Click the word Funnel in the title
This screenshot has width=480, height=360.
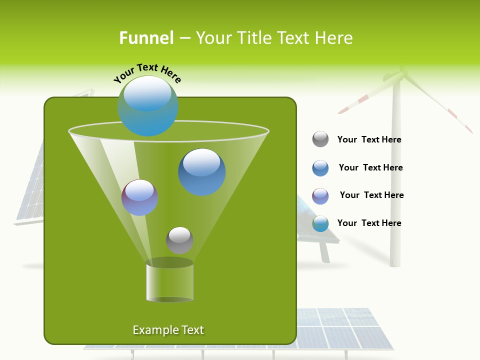146,38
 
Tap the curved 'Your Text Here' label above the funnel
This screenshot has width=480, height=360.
147,73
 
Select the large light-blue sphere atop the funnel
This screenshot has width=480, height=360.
147,106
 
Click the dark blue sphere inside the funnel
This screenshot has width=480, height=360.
201,172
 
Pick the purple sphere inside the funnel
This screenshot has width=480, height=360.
139,197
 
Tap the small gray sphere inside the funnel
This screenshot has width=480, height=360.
179,240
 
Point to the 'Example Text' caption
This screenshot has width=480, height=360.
168,330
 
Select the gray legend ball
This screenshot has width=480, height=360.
320,139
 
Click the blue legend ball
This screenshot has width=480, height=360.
320,168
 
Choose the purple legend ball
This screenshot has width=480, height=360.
320,196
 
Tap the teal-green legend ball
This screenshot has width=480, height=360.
320,223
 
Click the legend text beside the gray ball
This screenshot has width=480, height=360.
369,139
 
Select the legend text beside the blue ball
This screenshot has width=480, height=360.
370,167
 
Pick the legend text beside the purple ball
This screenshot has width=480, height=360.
371,195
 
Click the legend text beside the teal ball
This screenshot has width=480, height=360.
369,223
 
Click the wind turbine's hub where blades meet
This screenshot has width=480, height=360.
400,75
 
